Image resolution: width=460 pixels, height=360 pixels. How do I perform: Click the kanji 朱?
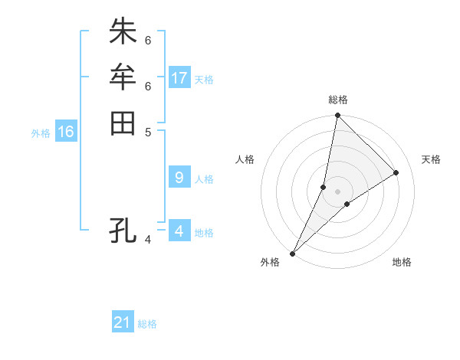click(x=123, y=32)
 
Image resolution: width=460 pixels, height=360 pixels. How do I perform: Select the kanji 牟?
click(x=123, y=77)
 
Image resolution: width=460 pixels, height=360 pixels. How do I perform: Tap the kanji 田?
click(x=123, y=123)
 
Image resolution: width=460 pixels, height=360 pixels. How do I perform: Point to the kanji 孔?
click(x=123, y=229)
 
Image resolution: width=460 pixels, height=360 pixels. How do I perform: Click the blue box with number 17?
click(x=179, y=77)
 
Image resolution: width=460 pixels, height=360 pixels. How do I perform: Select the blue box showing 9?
click(x=179, y=178)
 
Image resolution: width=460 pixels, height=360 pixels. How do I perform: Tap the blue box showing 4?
click(x=179, y=231)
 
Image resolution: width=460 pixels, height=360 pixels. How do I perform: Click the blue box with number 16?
click(x=66, y=132)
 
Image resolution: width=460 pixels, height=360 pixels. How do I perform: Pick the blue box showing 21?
click(x=123, y=322)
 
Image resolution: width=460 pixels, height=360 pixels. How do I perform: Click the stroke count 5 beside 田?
click(x=148, y=131)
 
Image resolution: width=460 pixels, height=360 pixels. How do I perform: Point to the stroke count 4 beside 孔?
click(x=148, y=241)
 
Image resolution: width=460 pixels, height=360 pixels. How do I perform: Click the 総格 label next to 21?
click(x=147, y=324)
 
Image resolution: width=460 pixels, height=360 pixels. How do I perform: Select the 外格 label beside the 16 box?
click(x=41, y=133)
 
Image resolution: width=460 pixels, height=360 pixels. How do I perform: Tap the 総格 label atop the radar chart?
click(x=337, y=100)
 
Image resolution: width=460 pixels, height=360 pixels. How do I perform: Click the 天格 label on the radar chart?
click(x=431, y=159)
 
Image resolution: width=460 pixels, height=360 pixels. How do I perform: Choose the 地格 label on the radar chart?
click(x=402, y=262)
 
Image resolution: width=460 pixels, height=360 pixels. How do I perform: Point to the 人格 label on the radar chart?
click(x=245, y=159)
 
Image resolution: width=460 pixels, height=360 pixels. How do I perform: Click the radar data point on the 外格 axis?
click(x=292, y=253)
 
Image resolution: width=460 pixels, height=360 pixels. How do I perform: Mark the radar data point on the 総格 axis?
click(x=337, y=116)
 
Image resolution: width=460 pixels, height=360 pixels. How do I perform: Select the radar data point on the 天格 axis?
click(x=396, y=172)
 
